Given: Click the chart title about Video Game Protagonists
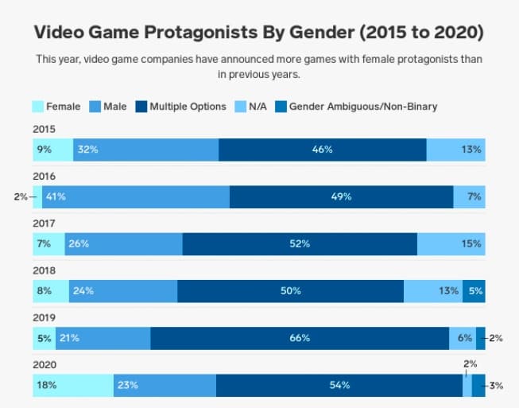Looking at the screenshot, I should pos(260,33).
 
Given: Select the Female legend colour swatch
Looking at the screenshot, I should pos(37,106).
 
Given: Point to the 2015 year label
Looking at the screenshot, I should pos(44,129).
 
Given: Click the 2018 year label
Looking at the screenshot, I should pos(44,270).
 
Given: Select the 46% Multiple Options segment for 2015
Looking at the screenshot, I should pos(322,150).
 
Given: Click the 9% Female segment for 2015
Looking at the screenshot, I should pos(52,150).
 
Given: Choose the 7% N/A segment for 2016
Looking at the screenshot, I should pos(469,196).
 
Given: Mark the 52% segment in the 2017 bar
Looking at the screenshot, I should pos(300,243).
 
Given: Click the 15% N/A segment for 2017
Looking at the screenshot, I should pos(451,243).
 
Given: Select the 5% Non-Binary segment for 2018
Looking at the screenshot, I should pos(474,291).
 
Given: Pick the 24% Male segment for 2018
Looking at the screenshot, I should pos(123,291).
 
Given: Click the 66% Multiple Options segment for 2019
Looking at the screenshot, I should pos(300,338).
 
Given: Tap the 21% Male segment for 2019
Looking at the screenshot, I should pos(103,338).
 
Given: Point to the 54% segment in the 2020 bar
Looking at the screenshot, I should pos(339,386).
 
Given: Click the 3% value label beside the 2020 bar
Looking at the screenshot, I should pos(497,386).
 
